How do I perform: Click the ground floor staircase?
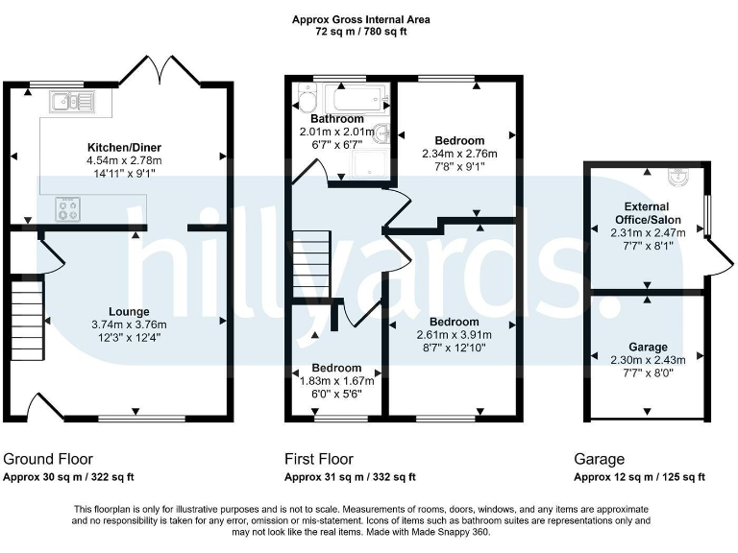pos(27,317)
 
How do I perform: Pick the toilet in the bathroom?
pos(307,102)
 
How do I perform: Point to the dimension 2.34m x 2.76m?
pos(454,152)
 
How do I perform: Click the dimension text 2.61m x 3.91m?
pos(454,334)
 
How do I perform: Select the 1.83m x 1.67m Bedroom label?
pos(336,369)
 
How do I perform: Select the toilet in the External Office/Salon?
pos(680,178)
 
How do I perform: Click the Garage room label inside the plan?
pos(648,347)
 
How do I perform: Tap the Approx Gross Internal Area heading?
pos(362,19)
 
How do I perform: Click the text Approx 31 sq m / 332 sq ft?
pos(350,477)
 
